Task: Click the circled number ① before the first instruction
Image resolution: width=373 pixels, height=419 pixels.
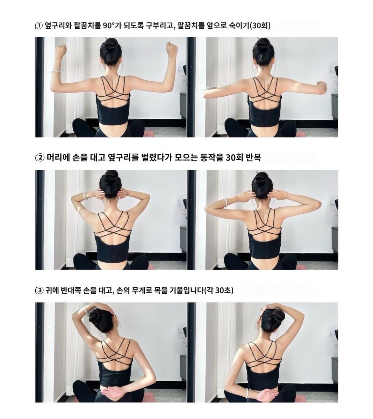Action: pos(39,25)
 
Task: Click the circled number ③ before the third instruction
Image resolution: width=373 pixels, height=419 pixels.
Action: pos(40,290)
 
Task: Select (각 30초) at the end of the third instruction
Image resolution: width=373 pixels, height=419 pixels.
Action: pos(220,290)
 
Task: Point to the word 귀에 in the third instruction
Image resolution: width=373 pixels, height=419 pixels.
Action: pos(51,290)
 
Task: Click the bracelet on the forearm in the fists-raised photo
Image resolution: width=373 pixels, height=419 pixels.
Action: pos(56,71)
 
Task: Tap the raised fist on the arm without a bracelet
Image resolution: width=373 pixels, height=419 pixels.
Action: pos(171,49)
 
